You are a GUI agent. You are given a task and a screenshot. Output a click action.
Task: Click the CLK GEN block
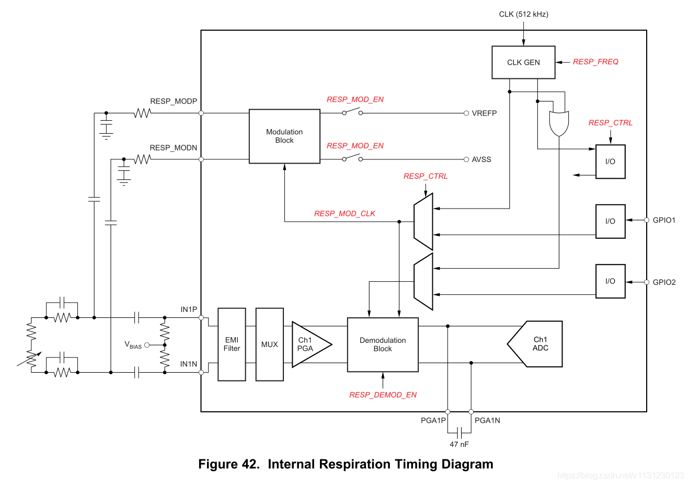523,62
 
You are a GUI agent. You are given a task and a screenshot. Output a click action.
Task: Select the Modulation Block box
284,136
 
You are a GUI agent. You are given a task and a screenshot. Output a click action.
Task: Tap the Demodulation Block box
383,344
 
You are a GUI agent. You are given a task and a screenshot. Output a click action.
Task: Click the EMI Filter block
232,344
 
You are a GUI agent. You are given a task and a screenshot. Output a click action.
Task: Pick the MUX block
269,344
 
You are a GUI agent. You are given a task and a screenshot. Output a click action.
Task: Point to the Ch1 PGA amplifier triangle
311,344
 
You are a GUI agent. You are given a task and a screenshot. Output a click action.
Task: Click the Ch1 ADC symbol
535,344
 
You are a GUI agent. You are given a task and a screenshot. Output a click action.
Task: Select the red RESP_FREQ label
595,62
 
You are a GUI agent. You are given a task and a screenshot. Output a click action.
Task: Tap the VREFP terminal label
484,113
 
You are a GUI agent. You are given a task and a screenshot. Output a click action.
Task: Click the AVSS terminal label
481,159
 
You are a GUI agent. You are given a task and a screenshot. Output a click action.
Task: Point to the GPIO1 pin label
664,220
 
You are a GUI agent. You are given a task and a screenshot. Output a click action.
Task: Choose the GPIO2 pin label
664,282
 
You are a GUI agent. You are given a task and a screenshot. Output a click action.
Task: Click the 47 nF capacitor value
459,444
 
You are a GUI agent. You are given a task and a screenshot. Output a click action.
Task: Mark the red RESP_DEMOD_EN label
383,395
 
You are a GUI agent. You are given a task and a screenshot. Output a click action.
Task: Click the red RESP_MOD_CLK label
344,214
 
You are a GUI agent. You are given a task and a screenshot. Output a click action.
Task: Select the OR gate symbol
559,123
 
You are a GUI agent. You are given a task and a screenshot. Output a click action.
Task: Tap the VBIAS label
133,345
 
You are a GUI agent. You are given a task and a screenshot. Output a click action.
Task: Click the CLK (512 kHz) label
523,14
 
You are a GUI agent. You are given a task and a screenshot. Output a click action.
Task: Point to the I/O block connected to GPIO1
610,221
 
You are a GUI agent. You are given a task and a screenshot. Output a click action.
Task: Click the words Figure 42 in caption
229,464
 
